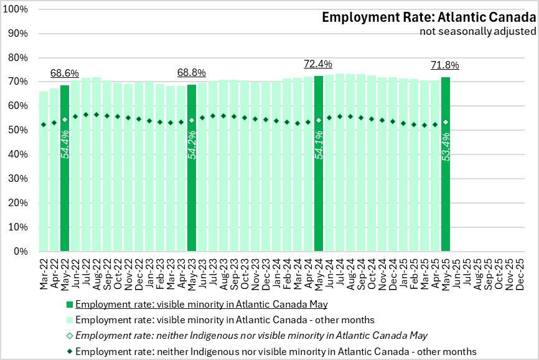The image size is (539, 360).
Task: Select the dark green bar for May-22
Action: coord(65,168)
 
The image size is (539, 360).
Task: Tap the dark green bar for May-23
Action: coord(192,168)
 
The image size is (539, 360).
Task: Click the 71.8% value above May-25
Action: coord(445,65)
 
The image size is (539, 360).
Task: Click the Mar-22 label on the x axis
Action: coord(44,271)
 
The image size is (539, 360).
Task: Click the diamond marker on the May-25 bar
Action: coord(446,122)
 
